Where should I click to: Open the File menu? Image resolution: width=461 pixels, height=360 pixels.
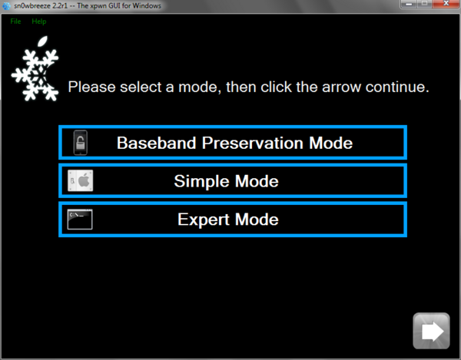point(15,21)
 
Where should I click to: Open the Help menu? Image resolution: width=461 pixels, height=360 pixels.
point(39,21)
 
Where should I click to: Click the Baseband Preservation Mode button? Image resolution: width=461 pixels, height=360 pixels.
point(233,143)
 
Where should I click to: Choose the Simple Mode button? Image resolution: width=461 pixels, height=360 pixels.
point(233,181)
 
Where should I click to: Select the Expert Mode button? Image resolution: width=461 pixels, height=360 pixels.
point(233,220)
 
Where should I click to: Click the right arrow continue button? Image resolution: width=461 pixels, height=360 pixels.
point(431,331)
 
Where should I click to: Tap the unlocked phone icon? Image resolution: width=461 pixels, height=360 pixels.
point(80,143)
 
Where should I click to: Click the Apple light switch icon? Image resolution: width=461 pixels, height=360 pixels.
point(80,180)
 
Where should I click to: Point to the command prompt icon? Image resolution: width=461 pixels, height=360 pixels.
point(80,219)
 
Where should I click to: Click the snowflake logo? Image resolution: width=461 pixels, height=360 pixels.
point(35,69)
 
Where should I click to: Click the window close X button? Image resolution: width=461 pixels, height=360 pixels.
point(446,4)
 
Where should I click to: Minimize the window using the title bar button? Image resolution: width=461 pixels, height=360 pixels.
point(409,4)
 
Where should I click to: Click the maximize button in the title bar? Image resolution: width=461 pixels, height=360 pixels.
point(425,4)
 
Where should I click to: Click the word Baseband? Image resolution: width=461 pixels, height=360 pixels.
point(157,143)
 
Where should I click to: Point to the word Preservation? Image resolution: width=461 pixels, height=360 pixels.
point(253,143)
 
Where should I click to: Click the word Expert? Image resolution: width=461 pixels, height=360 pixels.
point(204,220)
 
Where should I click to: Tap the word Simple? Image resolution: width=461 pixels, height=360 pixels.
point(201,181)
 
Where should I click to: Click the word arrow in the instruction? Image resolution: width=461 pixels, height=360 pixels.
point(341,88)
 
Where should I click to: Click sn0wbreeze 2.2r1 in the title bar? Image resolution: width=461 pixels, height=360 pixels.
point(41,5)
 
